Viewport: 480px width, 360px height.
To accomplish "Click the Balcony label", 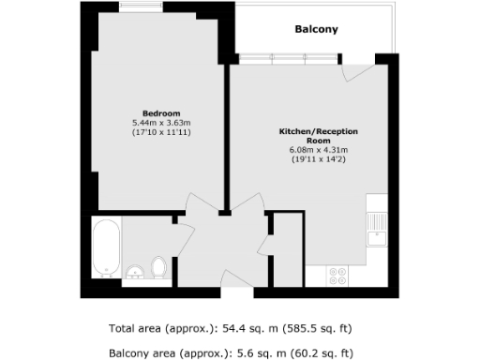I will coord(316,30).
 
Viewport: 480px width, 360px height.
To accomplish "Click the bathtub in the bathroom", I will coord(105,248).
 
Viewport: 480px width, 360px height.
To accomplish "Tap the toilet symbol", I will coord(158,267).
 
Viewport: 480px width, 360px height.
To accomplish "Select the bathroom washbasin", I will coord(135,273).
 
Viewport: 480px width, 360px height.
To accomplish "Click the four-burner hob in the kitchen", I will coord(337,276).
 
